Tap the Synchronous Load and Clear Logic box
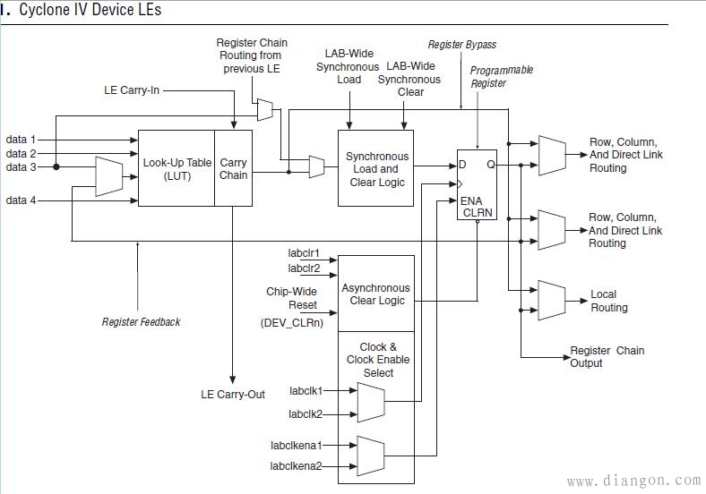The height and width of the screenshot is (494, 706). point(376,169)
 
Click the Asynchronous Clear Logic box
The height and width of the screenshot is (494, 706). point(376,294)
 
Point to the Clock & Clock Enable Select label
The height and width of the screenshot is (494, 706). point(377,360)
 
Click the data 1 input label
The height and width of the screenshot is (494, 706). point(22,140)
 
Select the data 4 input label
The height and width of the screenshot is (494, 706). point(22,200)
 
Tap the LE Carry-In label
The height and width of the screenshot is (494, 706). point(133,90)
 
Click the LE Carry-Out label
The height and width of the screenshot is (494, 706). point(233,395)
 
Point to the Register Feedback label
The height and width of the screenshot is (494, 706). point(141,322)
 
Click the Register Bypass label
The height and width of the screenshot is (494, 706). point(461,44)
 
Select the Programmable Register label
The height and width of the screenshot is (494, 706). point(502,76)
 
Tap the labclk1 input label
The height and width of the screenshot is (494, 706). point(306,391)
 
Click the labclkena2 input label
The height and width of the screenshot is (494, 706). point(297,465)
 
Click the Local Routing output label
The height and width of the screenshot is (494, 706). point(609,301)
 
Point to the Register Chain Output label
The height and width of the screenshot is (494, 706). point(606,356)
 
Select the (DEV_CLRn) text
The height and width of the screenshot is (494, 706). point(290,321)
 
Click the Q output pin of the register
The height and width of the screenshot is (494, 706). point(489,165)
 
